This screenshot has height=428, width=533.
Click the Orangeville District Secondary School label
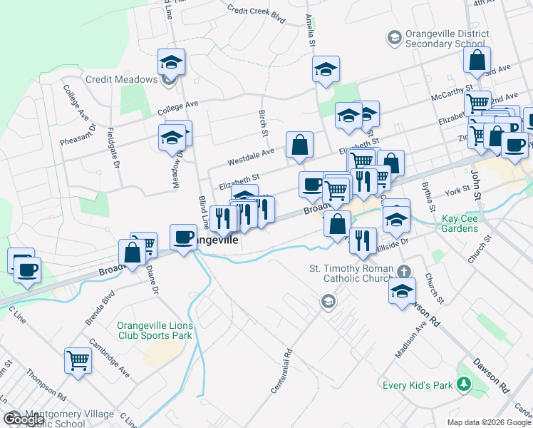(447, 39)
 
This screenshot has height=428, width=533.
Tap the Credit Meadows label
(121, 78)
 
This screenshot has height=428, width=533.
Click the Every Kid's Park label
(418, 385)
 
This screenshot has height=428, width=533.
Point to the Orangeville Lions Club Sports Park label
(155, 331)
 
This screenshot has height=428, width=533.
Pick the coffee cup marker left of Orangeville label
(183, 236)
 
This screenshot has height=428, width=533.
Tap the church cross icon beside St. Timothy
(404, 271)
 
